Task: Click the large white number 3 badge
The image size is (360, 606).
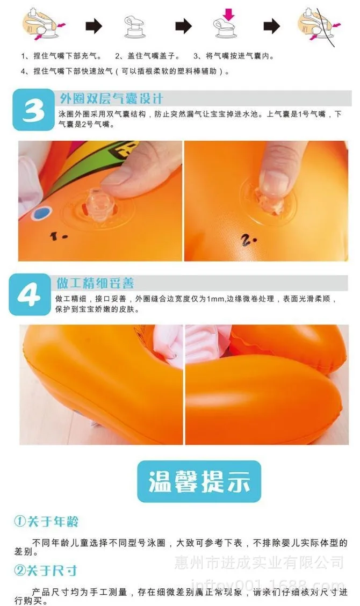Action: pos(34,111)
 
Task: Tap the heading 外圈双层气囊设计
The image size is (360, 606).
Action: pos(111,98)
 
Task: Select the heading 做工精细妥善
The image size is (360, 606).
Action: pos(96,283)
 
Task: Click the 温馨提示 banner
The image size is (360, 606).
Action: pos(199,481)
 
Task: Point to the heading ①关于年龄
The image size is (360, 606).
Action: pos(46,521)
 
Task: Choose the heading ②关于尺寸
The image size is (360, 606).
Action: pos(46,571)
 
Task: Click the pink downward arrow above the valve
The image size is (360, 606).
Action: pos(229,15)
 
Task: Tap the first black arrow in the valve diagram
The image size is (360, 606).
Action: pos(94,26)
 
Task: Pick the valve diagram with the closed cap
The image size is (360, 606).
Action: pos(135,27)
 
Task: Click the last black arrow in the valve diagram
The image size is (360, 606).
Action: pos(272,26)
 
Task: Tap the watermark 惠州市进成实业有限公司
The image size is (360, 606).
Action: pos(259,562)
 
